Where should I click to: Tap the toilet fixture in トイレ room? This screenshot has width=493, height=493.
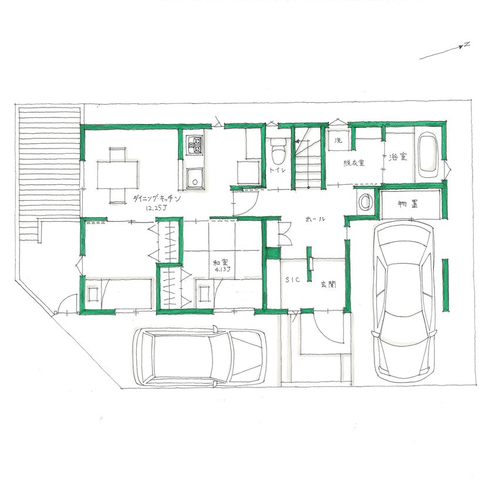pyautogui.click(x=278, y=154)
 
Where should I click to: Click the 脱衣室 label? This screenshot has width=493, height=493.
pyautogui.click(x=354, y=163)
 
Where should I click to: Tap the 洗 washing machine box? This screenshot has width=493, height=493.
pyautogui.click(x=339, y=141)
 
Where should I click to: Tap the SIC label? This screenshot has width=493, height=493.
pyautogui.click(x=293, y=280)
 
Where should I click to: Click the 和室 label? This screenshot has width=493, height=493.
pyautogui.click(x=221, y=262)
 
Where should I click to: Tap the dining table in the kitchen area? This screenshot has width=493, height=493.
pyautogui.click(x=119, y=174)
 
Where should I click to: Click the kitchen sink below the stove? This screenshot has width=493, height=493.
pyautogui.click(x=194, y=177)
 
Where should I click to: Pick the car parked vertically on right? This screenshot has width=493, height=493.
pyautogui.click(x=406, y=299)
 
